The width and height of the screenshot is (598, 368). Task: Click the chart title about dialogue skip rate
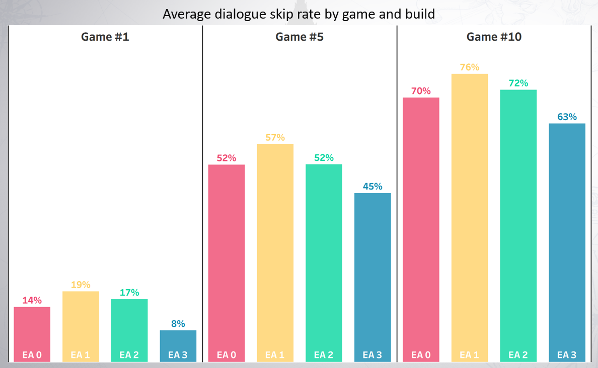(x=298, y=14)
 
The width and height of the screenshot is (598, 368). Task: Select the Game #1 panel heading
(x=105, y=37)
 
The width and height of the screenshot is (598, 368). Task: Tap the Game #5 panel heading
(x=300, y=37)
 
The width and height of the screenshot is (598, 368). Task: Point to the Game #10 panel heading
(x=494, y=37)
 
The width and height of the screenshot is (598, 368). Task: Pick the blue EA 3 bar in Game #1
(x=178, y=342)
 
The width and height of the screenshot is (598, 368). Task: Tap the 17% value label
(x=129, y=292)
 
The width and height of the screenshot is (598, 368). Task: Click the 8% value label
(x=178, y=324)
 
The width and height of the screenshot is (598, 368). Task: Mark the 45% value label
(x=372, y=187)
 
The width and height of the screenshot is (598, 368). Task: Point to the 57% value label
(x=275, y=137)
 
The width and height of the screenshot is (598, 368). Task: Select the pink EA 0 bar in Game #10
(x=421, y=226)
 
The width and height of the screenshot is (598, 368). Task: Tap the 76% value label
(x=470, y=67)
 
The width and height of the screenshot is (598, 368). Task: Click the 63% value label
(x=567, y=117)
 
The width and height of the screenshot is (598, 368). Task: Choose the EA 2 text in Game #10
(x=518, y=355)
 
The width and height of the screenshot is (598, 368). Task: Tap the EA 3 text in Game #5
(x=372, y=355)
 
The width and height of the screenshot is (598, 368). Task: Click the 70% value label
(x=421, y=91)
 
